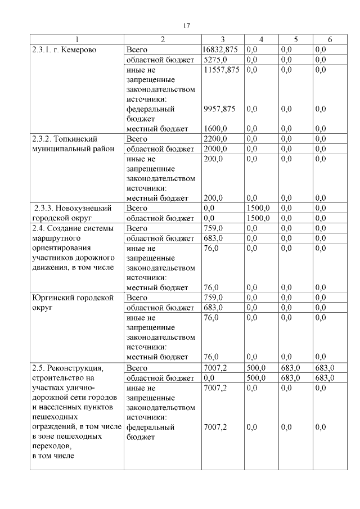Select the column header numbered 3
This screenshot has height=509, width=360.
point(223,39)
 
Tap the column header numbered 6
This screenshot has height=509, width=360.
point(330,39)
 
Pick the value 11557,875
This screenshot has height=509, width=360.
point(222,70)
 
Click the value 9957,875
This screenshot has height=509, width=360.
point(219,109)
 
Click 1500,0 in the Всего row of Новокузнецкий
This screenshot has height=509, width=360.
point(258,208)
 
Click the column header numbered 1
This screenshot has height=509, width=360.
point(78,39)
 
